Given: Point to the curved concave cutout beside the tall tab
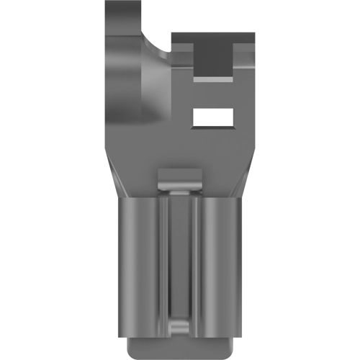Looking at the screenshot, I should pos(160,32).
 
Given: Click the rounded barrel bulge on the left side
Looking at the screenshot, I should pos(133,94).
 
